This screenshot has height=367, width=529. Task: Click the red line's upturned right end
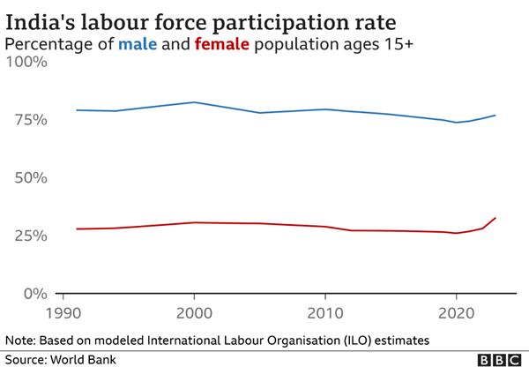coord(495,218)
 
